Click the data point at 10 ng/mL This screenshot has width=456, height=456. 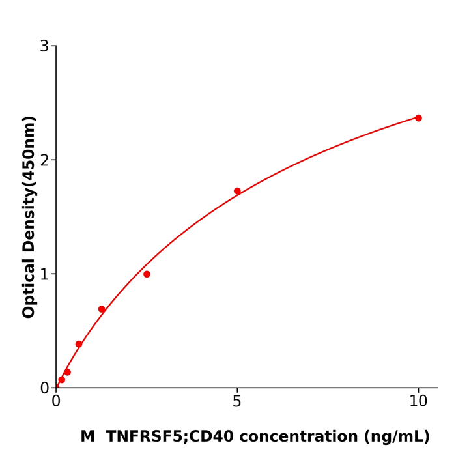click(418, 118)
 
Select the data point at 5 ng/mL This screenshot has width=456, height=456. click(237, 191)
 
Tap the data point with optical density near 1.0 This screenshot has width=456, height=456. click(147, 274)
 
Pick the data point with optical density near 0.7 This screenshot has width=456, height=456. click(102, 309)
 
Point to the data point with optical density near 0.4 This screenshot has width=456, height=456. click(79, 344)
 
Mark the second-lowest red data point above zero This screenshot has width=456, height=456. click(67, 372)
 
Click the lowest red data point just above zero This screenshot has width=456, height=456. click(62, 380)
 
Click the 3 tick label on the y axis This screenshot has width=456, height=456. click(44, 46)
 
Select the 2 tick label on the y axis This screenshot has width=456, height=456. click(44, 160)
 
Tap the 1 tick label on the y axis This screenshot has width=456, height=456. click(44, 274)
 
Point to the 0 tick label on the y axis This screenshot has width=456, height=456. click(44, 388)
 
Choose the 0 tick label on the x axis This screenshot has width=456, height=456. click(56, 402)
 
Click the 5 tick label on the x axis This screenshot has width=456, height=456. click(237, 402)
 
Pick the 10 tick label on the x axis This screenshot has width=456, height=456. click(418, 402)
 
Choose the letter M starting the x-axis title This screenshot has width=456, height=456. click(88, 437)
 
